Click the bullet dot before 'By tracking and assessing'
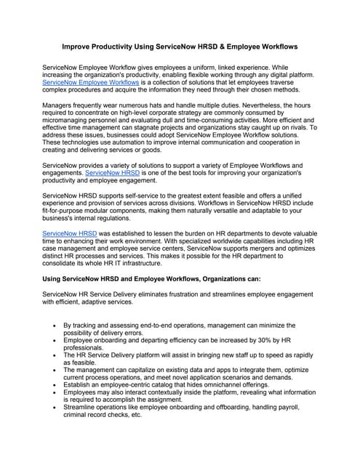pyautogui.click(x=54, y=326)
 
